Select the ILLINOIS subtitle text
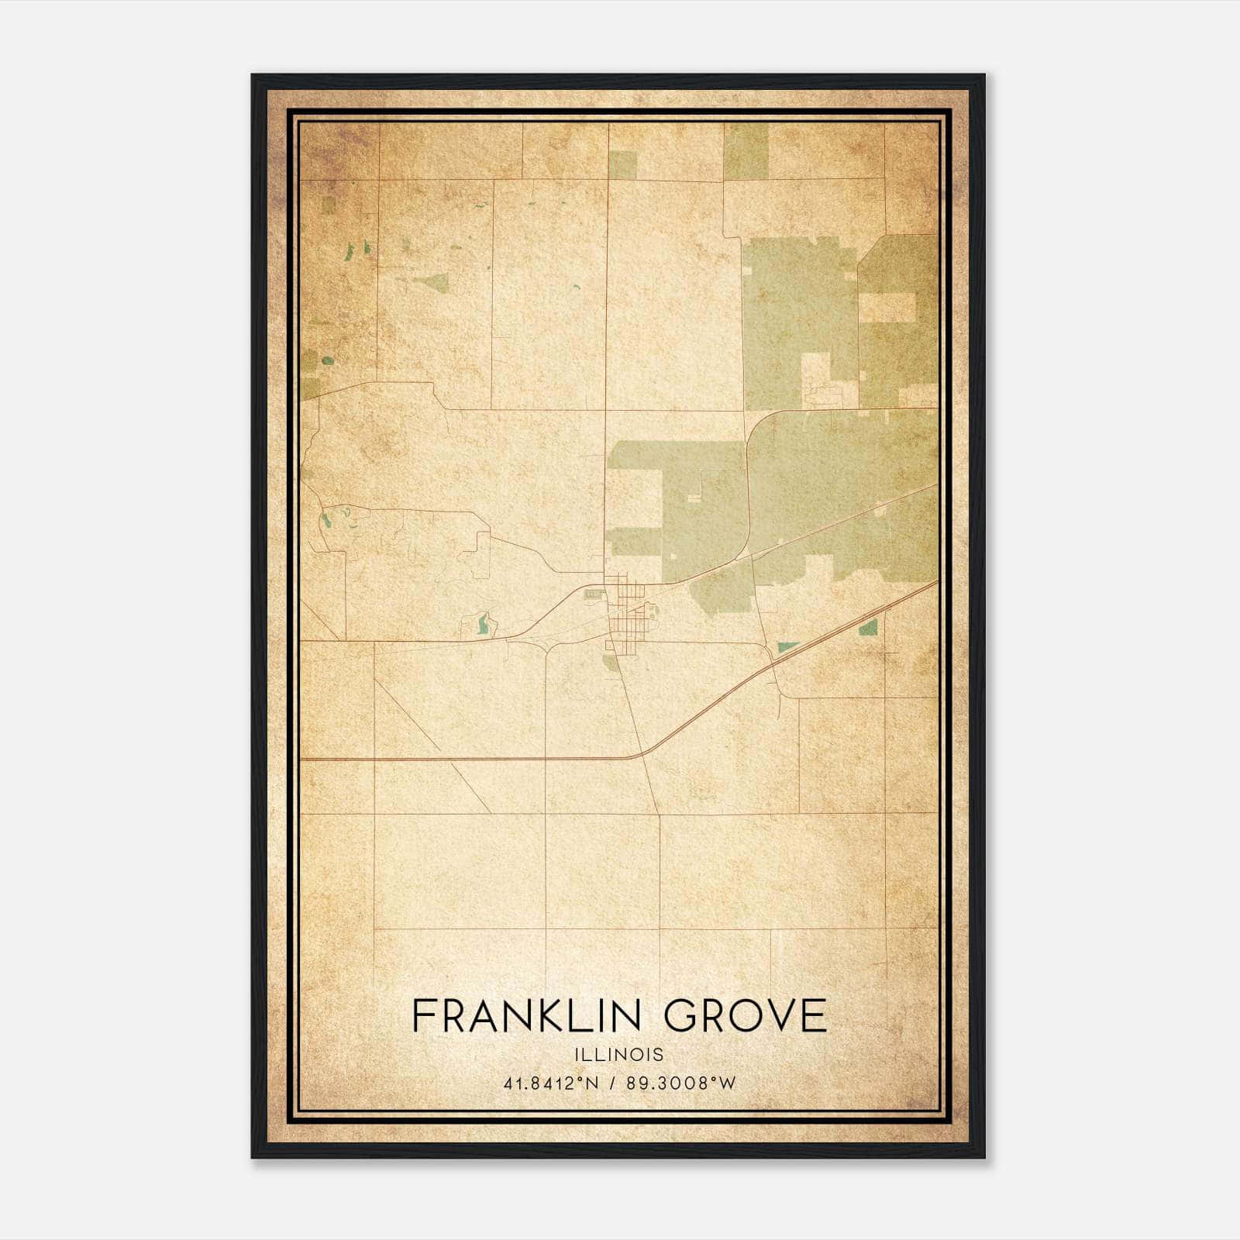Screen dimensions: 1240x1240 [x=619, y=1055]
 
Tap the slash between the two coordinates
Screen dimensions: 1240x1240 [x=612, y=1083]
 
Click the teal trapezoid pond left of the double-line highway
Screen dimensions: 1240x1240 [x=788, y=646]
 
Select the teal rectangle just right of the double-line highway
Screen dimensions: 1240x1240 [x=868, y=626]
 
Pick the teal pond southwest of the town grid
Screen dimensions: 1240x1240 [x=484, y=625]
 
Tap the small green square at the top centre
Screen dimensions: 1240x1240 [x=622, y=164]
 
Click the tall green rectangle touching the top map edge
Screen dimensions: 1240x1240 [x=746, y=150]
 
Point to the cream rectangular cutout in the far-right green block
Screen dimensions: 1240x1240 [x=888, y=308]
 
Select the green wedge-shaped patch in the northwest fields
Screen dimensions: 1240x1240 [x=431, y=282]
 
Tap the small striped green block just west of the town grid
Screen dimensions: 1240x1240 [x=594, y=594]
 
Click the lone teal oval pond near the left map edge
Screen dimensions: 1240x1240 [x=326, y=360]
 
